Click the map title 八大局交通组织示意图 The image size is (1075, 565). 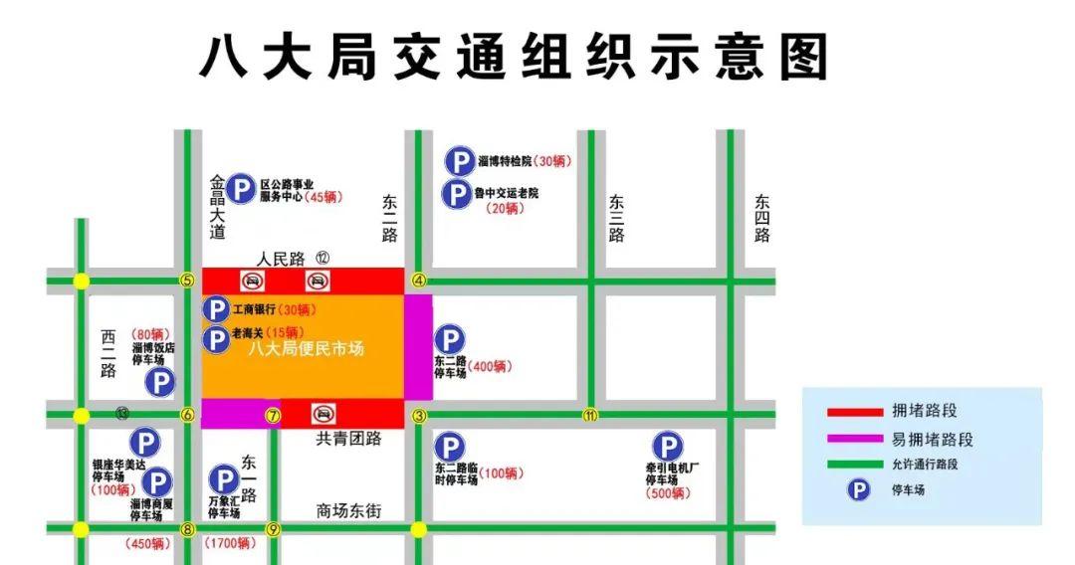coord(514,57)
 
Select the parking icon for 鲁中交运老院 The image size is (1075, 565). coord(456,193)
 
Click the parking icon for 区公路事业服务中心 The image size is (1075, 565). coord(240,188)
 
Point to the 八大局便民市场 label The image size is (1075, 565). coord(306,348)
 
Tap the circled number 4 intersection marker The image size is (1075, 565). coord(419,281)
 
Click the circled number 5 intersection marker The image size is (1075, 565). coord(187,281)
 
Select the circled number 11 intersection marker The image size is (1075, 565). coord(590,415)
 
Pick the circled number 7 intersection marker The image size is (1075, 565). coord(272,415)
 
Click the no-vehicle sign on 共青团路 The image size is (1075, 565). coord(322,414)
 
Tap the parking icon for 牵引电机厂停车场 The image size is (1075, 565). coord(667,448)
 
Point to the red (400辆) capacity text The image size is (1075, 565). coord(488,367)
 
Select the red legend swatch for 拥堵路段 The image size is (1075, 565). coord(854,411)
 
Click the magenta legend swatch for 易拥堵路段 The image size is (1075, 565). coord(854,438)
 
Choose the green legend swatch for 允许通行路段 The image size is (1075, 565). coord(854,464)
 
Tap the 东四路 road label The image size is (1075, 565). coord(762,218)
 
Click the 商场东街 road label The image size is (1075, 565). coord(348,511)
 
